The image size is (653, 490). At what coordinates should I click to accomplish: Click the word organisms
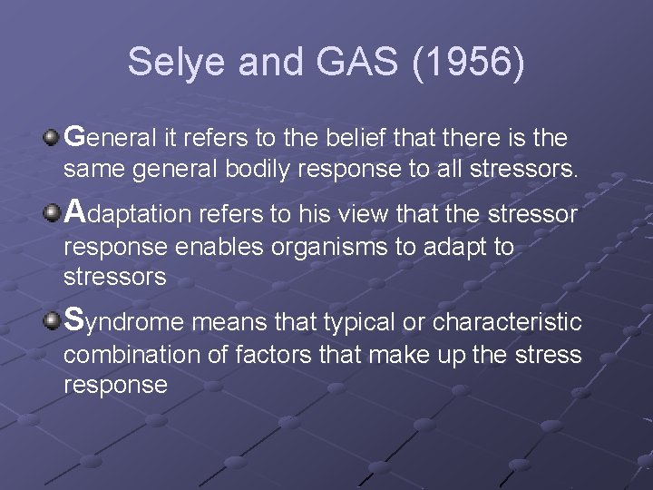coord(310,246)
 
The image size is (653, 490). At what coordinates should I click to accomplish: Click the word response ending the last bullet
coord(115,386)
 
